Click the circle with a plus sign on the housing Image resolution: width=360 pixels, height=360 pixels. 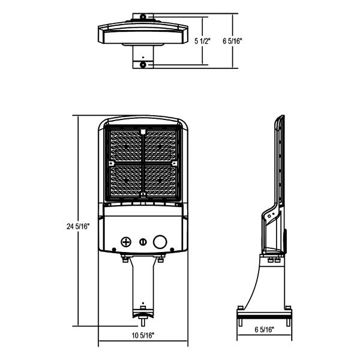(x=126, y=242)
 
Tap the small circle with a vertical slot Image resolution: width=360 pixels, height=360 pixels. (x=143, y=242)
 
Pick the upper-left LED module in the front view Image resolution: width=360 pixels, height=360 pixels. (x=126, y=145)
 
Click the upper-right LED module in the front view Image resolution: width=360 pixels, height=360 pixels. (x=161, y=145)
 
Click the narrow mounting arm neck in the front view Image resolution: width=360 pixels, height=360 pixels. (x=143, y=282)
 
